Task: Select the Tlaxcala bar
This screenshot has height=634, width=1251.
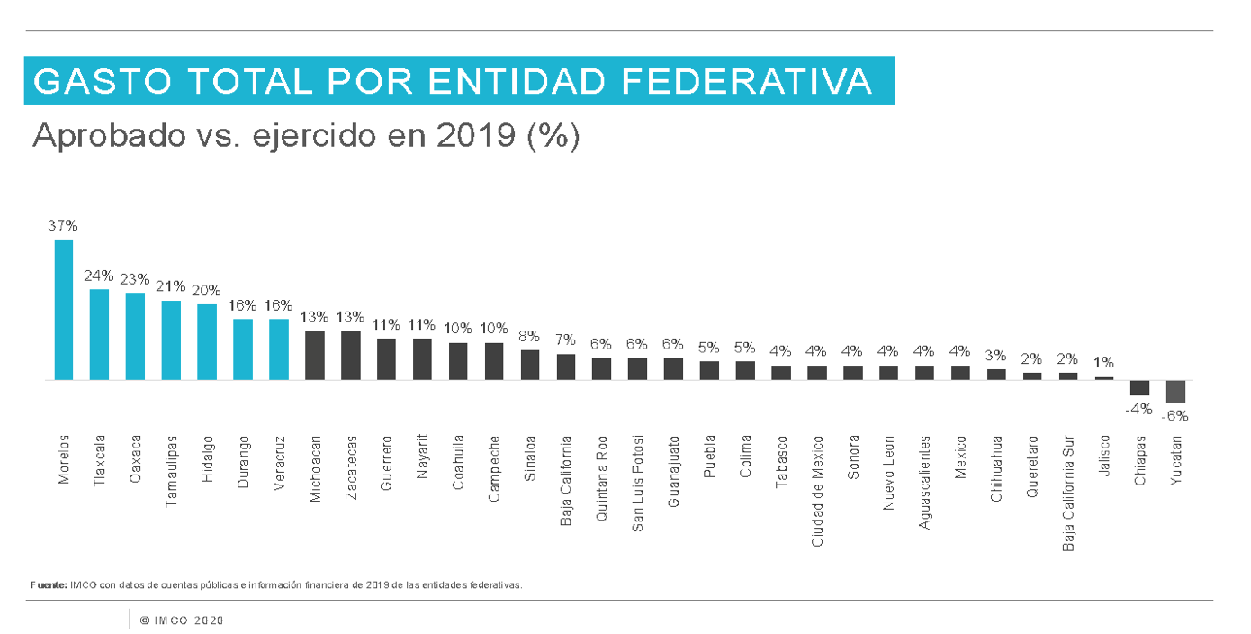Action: (99, 334)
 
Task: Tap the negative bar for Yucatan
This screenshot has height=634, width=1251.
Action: (1175, 392)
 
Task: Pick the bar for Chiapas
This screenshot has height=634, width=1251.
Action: (1139, 388)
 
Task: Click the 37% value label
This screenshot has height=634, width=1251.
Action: (63, 226)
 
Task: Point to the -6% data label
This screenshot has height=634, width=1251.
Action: (1174, 416)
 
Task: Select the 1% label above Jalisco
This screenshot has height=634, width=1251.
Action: (1103, 363)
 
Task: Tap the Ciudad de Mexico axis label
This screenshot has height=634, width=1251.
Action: (817, 491)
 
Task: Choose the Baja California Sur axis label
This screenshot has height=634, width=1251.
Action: (1068, 494)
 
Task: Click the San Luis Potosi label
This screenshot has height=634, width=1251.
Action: (637, 484)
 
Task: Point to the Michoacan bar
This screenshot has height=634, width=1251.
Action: (315, 355)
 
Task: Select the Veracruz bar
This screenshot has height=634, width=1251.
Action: (279, 349)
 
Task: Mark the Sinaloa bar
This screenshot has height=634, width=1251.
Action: (530, 365)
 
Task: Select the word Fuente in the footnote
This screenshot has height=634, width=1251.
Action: (48, 584)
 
